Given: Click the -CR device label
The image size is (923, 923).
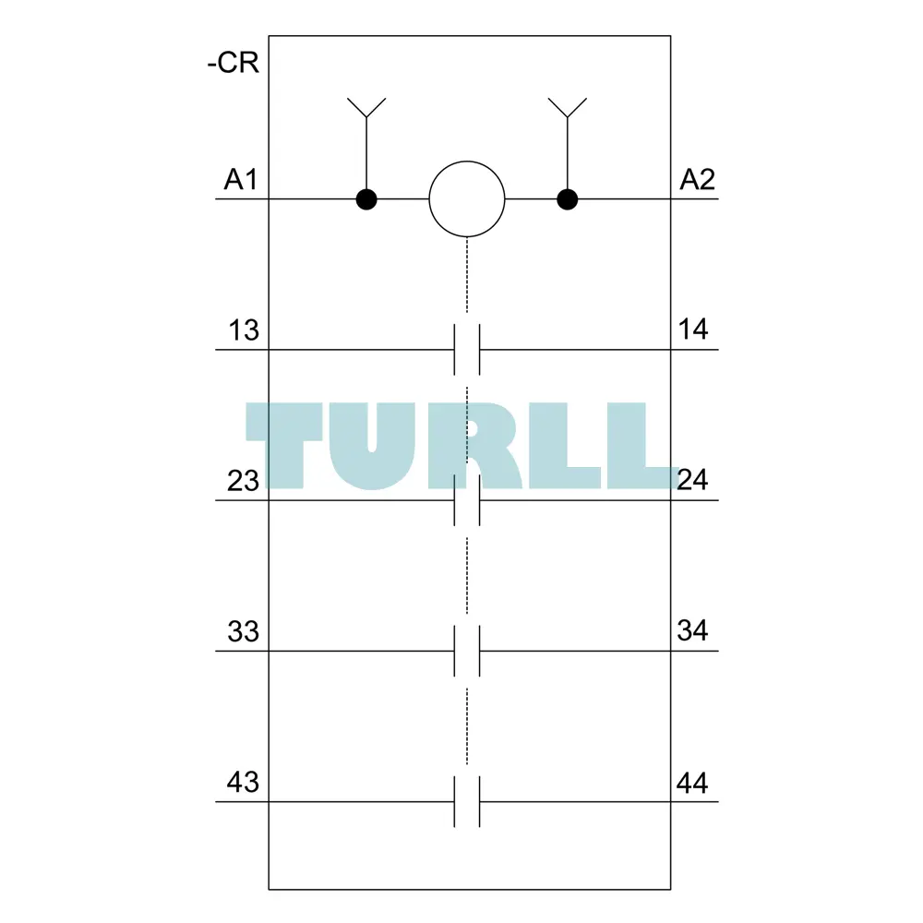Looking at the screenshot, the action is (234, 63).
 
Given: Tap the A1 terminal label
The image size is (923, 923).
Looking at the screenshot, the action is (240, 179).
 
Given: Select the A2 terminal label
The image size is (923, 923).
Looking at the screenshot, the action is (697, 179).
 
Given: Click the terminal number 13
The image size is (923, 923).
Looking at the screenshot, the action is (244, 330).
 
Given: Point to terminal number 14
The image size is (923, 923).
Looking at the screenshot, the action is (692, 330).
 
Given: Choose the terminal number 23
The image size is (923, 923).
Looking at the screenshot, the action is (243, 481).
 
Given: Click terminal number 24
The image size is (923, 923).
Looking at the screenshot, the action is (692, 480).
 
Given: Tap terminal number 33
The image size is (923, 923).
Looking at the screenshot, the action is (243, 631).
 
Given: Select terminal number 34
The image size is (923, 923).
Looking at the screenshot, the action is (692, 630).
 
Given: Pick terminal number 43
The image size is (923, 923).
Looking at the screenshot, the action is (243, 783).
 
